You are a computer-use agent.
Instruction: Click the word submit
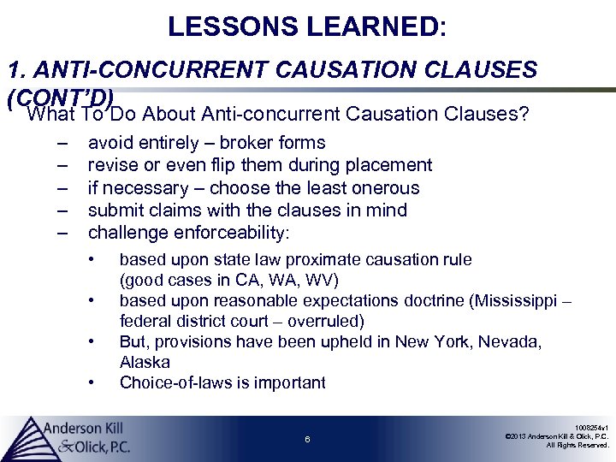[x=115, y=210]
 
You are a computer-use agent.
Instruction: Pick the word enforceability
[x=230, y=232]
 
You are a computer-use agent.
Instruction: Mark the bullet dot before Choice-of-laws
[x=92, y=382]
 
